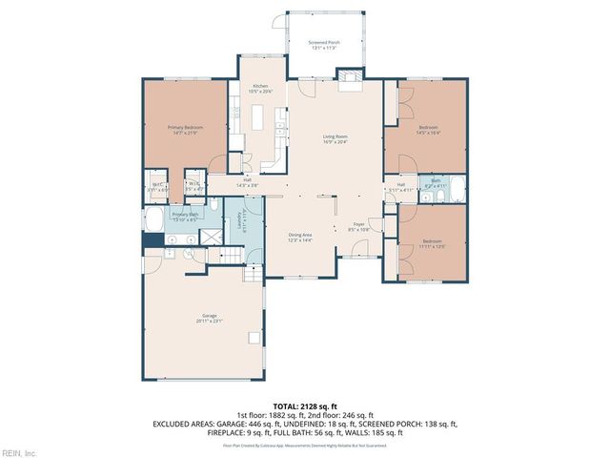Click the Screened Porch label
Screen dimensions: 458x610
coord(324,45)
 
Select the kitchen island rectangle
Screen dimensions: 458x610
coord(258,117)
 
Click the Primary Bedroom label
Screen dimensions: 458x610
coord(182,129)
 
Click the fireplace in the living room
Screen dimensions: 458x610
coord(351,80)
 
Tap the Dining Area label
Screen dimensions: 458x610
coord(301,237)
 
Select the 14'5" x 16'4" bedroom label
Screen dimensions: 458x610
coord(428,130)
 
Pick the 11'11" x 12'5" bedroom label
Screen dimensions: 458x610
coord(433,243)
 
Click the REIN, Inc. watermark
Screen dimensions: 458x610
coord(18,452)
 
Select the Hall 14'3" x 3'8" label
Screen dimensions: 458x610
coord(247,182)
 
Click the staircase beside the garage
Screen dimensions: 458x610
coord(253,276)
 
